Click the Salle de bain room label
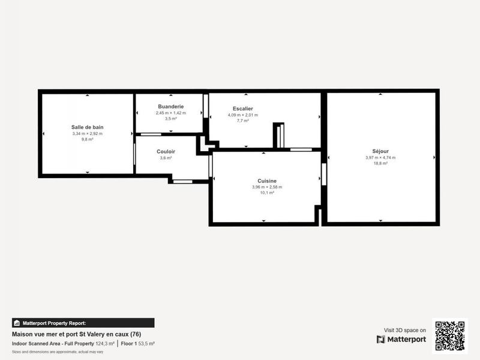pos(87,127)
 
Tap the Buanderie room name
pos(170,106)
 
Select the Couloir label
pos(166,152)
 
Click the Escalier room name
pos(242,109)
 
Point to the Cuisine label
pos(267,181)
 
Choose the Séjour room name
pos(380,151)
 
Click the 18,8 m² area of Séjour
pos(380,163)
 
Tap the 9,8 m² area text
pos(87,139)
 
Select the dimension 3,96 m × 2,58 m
pos(267,187)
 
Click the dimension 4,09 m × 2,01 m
pos(242,115)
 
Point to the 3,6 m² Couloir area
pos(166,158)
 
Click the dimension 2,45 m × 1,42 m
pos(170,113)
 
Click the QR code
pos(449,335)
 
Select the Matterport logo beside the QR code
pos(401,340)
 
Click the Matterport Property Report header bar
pos(83,323)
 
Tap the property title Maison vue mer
pos(76,334)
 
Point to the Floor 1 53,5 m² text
pos(137,344)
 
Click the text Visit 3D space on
pos(405,330)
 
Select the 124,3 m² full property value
pos(105,344)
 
